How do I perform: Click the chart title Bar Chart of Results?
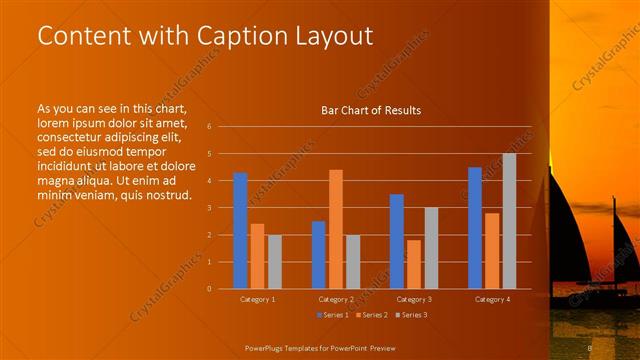(370, 110)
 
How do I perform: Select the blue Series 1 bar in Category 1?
(240, 231)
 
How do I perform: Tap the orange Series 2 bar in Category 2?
(336, 229)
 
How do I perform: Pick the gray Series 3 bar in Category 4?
(509, 221)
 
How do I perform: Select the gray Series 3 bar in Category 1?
(274, 261)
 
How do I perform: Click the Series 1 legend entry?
(334, 316)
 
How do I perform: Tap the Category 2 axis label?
(336, 299)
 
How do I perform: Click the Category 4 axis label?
(491, 299)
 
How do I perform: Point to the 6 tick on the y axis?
(210, 127)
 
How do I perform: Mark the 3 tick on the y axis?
(210, 208)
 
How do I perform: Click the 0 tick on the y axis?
(210, 288)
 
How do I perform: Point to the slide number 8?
(590, 347)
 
